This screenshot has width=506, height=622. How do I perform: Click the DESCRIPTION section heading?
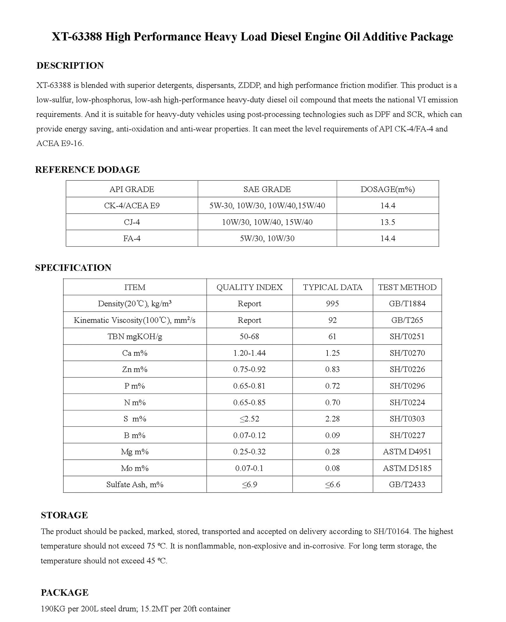coord(70,66)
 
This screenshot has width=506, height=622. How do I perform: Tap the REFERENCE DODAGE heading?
coord(87,170)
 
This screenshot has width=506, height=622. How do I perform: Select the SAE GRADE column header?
coord(267,189)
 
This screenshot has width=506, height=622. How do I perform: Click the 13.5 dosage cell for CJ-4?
coord(388,222)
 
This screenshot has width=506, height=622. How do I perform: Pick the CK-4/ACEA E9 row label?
coord(132,206)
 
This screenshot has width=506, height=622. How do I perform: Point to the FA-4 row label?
coord(132,238)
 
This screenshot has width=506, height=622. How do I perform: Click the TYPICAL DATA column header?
coord(332,287)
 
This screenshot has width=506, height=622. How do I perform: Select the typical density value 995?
coord(332,304)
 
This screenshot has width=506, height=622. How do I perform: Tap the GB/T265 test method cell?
coord(407,320)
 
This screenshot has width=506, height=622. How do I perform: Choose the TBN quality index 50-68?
coord(249,337)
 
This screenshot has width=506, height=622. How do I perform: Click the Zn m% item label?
coord(135,370)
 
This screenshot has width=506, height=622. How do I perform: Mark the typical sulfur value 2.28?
coord(332,419)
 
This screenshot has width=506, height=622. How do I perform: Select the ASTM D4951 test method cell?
coord(407,452)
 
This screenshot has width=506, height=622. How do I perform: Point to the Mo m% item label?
coord(135,468)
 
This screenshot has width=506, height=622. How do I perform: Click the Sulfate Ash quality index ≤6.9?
coord(249,485)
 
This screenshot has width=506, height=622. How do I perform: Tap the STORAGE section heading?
coord(64,515)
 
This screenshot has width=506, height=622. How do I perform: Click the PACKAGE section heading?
coord(64,593)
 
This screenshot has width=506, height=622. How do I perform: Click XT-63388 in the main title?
coord(77,37)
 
